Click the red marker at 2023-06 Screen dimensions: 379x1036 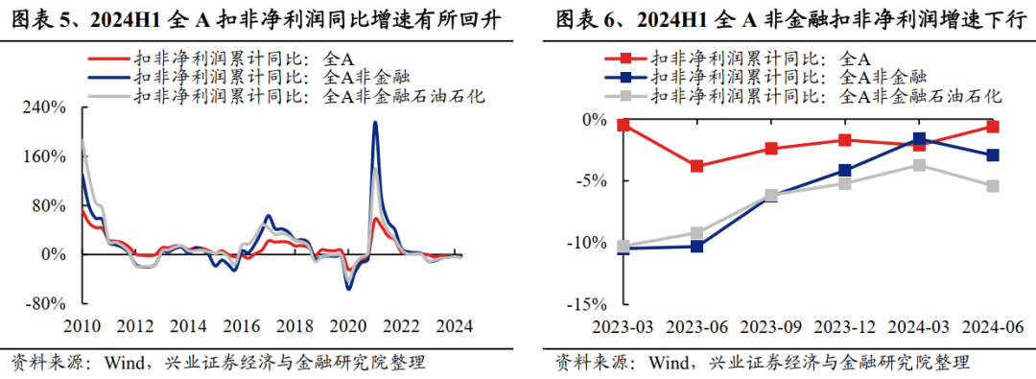[x=696, y=166]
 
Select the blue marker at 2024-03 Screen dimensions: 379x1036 [x=919, y=139]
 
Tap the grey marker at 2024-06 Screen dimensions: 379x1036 [x=993, y=186]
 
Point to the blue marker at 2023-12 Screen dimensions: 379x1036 [x=845, y=171]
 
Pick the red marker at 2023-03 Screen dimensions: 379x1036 [x=624, y=125]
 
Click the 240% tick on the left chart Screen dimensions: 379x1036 [x=45, y=108]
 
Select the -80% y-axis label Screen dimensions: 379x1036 [x=45, y=304]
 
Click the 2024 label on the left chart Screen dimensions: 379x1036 [x=452, y=326]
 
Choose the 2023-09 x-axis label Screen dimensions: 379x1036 [x=771, y=326]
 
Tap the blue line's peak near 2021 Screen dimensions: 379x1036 [x=375, y=122]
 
